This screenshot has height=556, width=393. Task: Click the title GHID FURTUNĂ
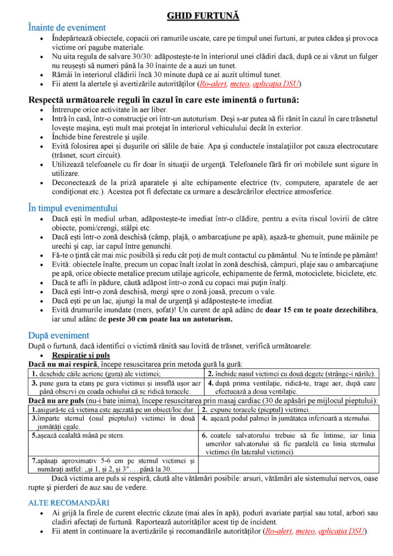[x=203, y=16]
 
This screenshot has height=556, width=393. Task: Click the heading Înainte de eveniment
[x=67, y=27]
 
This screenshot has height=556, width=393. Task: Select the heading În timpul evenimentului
[x=73, y=208]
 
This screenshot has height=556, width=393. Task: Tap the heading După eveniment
[x=59, y=335]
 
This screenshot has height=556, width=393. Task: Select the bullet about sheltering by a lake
[x=163, y=300]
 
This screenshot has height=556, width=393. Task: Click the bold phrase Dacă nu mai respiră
[x=59, y=364]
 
